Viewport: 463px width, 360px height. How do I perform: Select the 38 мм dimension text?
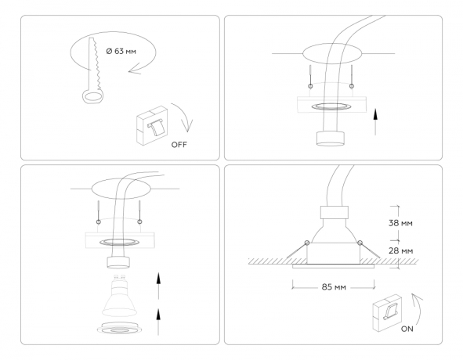pyautogui.click(x=400, y=223)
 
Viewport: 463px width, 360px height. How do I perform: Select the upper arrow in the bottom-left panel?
pyautogui.click(x=159, y=281)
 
